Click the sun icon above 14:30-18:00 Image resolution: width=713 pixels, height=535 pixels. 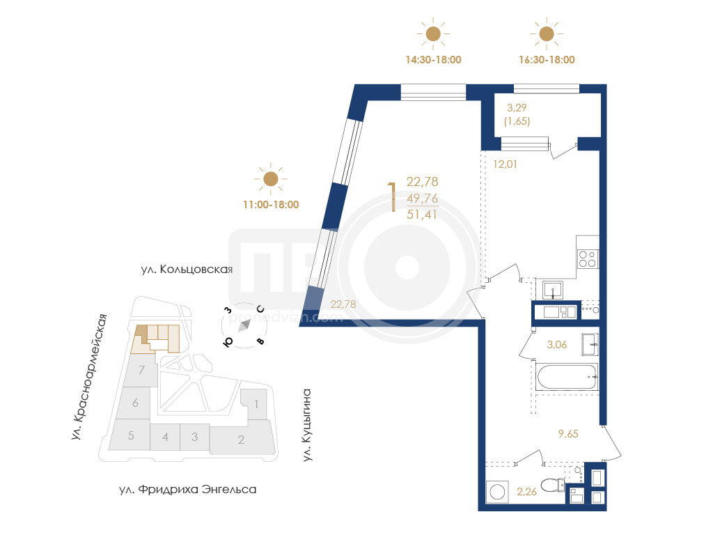433,33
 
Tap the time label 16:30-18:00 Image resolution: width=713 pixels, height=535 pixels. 547,60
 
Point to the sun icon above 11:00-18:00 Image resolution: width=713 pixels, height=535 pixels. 271,179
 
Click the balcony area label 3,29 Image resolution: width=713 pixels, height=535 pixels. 517,108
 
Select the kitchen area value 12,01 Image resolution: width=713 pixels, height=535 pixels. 506,164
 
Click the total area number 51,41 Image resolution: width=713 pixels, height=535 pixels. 422,215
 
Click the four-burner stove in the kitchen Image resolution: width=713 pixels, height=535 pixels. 588,258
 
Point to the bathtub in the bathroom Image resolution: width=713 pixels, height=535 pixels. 567,377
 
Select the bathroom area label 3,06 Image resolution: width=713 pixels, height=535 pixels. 557,345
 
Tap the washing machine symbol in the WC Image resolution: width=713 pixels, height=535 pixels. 497,493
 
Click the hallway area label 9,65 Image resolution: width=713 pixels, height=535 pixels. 568,434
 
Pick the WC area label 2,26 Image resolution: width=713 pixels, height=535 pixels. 526,492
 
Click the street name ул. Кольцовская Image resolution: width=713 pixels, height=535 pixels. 187,270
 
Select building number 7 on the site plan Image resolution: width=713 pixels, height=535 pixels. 142,370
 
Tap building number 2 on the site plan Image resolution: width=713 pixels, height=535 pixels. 241,440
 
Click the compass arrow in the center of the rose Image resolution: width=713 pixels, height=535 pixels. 244,325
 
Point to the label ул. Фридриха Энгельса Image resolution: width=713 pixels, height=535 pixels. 188,490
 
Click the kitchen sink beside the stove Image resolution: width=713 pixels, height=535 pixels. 552,290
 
